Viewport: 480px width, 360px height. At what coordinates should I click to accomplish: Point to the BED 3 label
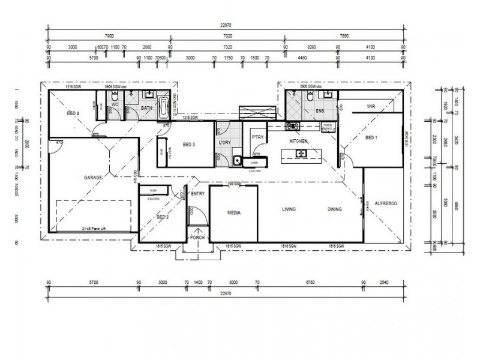tap(187, 145)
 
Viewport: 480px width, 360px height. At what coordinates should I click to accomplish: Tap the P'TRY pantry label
tap(257, 137)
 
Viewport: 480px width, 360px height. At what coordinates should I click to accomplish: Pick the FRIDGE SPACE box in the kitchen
tap(328, 127)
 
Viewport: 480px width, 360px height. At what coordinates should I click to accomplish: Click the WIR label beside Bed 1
tap(371, 107)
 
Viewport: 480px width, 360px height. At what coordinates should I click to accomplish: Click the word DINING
tap(335, 209)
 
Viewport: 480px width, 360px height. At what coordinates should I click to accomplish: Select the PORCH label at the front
tap(197, 238)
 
